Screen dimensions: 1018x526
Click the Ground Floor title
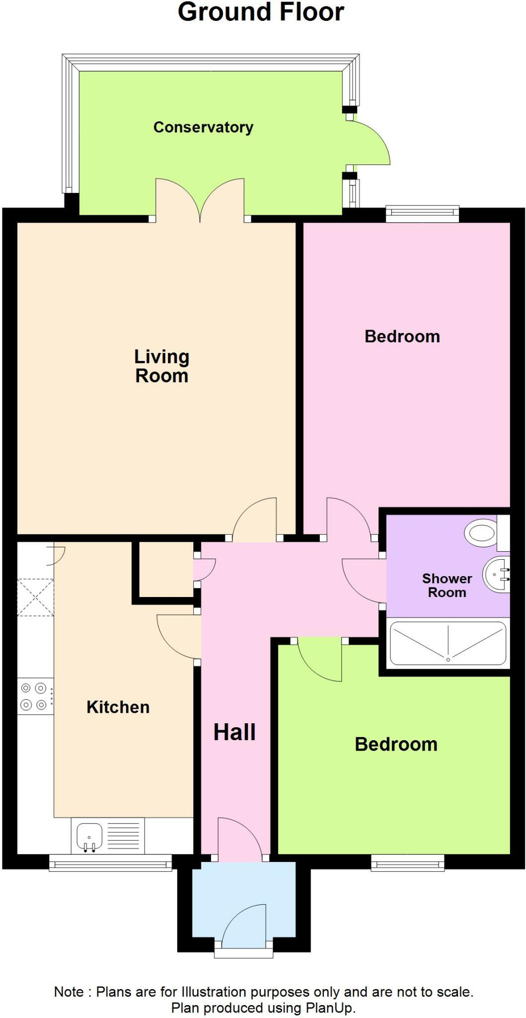point(261,12)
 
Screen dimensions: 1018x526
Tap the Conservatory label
point(203,127)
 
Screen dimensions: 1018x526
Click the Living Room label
point(162,366)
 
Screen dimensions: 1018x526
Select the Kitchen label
point(118,707)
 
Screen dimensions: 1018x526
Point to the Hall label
point(234,732)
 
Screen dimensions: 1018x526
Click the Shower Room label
point(447,585)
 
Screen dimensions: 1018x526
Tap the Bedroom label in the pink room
point(402,337)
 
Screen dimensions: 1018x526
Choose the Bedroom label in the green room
point(396,744)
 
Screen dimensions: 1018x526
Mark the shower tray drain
point(448,660)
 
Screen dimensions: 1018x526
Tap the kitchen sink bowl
point(89,836)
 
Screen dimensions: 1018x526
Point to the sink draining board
point(123,836)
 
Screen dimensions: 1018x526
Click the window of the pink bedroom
point(422,214)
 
